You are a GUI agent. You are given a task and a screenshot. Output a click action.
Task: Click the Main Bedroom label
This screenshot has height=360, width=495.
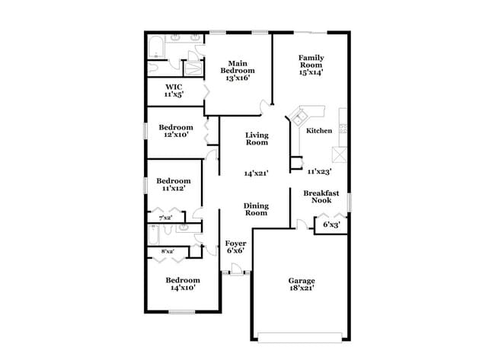point(236,66)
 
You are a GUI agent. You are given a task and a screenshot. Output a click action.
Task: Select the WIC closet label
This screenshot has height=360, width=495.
point(174,88)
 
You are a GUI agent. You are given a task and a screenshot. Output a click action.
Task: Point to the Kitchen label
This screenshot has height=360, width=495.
point(319,131)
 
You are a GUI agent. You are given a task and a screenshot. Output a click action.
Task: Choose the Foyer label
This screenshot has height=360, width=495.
point(235,244)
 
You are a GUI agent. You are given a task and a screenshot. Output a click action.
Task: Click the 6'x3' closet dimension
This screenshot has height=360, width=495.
point(331,225)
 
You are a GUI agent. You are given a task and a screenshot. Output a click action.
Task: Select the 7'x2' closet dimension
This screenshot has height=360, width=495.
point(165,218)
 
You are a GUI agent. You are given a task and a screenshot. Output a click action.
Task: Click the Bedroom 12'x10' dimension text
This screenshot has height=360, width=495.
point(176,135)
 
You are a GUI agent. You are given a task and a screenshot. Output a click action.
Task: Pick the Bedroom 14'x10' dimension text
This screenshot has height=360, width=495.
point(183,289)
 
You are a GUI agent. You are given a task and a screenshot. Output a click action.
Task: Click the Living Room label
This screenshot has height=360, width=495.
point(257,139)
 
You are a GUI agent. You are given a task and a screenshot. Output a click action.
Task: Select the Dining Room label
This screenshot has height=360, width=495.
point(256,209)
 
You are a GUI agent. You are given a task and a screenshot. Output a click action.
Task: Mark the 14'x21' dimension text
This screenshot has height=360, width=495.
point(257,174)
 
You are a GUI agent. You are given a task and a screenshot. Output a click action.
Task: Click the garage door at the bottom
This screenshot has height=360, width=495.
point(301,337)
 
